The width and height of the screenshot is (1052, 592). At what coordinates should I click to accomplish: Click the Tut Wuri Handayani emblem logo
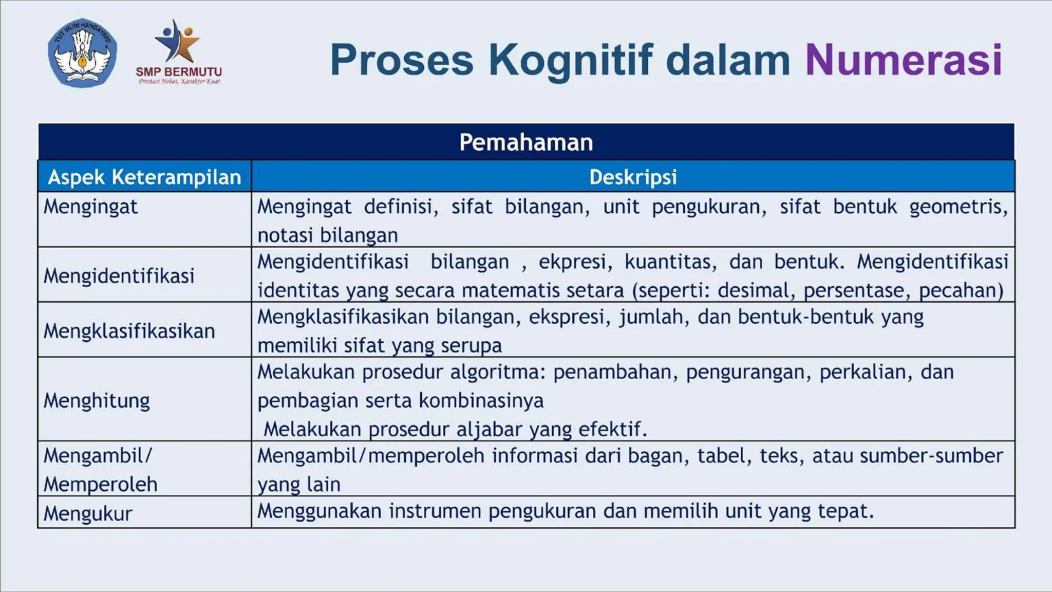click(82, 53)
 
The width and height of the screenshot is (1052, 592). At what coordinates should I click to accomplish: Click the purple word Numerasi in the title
click(904, 60)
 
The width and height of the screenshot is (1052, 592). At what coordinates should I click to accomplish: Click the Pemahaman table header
click(526, 142)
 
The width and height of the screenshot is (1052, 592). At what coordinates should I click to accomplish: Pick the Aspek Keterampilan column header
click(144, 177)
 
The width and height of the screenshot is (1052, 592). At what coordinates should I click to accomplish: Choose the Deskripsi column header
click(633, 177)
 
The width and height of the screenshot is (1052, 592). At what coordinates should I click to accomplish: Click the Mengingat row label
click(90, 207)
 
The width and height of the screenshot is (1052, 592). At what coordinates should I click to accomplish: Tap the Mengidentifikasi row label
click(119, 276)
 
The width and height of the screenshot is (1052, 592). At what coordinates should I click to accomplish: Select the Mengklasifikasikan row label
click(129, 331)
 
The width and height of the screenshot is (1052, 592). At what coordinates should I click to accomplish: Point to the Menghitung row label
click(97, 400)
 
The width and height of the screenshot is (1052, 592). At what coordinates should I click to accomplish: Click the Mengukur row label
click(88, 513)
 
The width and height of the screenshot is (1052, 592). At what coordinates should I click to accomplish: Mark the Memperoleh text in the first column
click(100, 484)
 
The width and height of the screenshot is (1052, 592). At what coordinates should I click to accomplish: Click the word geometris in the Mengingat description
click(958, 207)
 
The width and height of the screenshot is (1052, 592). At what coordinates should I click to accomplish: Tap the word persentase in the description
click(857, 290)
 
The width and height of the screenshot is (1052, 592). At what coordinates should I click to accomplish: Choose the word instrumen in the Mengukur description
click(435, 511)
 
